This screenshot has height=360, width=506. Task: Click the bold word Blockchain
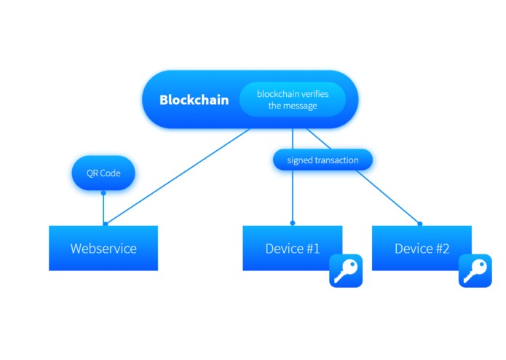tap(194, 100)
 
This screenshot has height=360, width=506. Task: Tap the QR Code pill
tap(103, 173)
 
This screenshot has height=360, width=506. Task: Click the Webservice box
tap(103, 249)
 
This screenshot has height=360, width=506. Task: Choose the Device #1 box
tap(292, 249)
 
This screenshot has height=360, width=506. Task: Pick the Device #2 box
tap(422, 249)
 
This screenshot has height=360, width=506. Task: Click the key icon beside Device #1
tap(346, 271)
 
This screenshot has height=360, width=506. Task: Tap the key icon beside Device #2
tap(475, 271)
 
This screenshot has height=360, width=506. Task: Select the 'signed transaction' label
tap(323, 160)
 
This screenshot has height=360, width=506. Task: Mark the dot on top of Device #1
tap(293, 223)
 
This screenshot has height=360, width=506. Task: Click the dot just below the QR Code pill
tap(103, 193)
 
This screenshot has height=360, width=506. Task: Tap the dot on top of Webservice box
tap(106, 223)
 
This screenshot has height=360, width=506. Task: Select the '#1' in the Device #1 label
tap(312, 249)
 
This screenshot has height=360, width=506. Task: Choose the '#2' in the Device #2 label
tap(441, 249)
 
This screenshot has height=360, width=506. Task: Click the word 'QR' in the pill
tap(91, 173)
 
